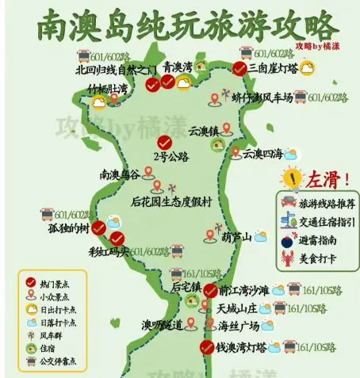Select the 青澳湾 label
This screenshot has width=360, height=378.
tap(178, 67)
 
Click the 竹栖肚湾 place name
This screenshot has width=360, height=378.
tap(107, 89)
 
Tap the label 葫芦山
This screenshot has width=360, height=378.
tap(236, 236)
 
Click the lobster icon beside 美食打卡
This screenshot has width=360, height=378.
tap(287, 258)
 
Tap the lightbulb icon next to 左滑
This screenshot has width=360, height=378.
tap(293, 176)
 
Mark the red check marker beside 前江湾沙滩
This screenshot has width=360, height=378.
tap(210, 290)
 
